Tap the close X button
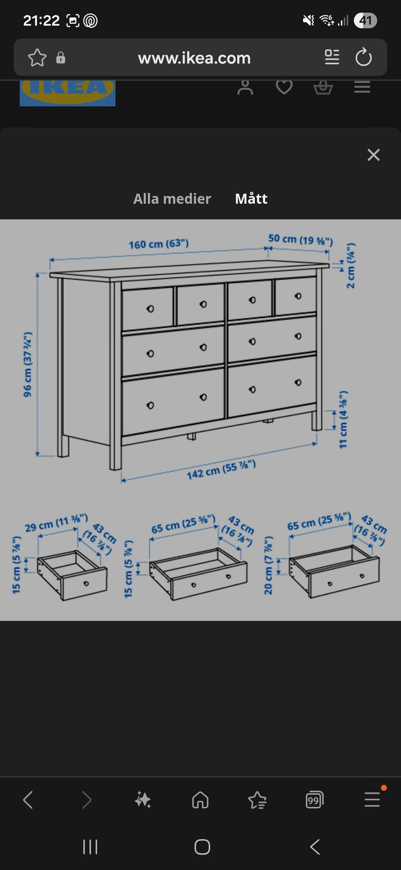point(373,155)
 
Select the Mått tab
point(251,199)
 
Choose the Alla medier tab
point(172,199)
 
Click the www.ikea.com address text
point(194,58)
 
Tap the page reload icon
point(363,57)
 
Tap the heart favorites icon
point(284,87)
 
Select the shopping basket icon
point(323,87)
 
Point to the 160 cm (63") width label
point(159,244)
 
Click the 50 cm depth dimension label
point(300,240)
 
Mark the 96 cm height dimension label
point(28,364)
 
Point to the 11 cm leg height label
point(343,420)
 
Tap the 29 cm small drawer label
point(56,523)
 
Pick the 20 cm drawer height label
point(268,565)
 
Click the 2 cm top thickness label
point(351,266)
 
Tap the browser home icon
point(200,800)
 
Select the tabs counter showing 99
point(314,800)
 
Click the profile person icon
point(245,87)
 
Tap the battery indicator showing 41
point(365,20)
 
